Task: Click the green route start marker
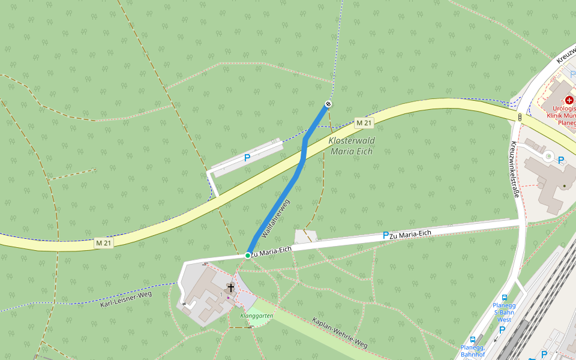tap(247, 256)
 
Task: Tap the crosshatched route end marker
tap(328, 104)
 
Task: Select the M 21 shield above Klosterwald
tap(364, 123)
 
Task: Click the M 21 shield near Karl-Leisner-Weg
tap(103, 243)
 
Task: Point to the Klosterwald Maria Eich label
tap(352, 146)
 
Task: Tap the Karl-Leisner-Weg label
tap(126, 298)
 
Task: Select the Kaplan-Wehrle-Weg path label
tap(340, 332)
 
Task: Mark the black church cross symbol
tap(231, 288)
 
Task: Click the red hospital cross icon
tap(569, 100)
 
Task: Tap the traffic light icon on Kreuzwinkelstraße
tap(520, 118)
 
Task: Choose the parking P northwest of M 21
tap(247, 158)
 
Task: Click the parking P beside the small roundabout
tap(561, 160)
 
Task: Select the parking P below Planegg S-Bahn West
tap(502, 329)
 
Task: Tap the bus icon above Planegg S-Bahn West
tap(504, 298)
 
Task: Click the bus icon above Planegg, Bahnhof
tap(473, 339)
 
